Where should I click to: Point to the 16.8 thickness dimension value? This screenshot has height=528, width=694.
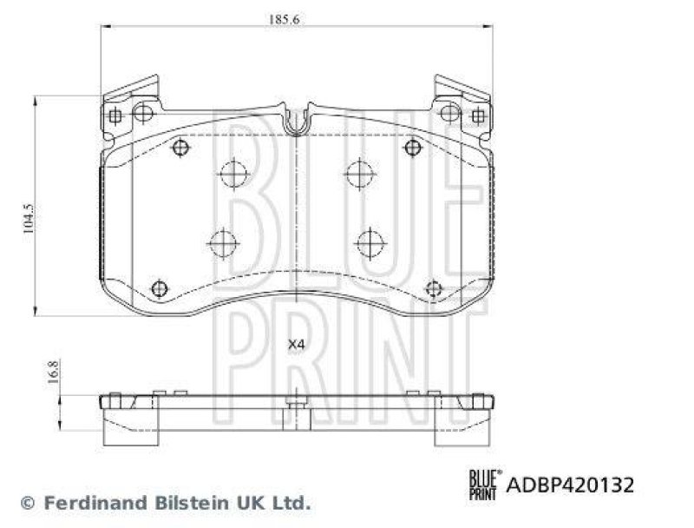52,372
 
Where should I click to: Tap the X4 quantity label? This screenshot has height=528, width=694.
297,345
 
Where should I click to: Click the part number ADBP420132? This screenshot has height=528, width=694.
570,485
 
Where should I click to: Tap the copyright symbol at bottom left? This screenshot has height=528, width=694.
27,503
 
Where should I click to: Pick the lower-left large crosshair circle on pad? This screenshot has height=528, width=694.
223,241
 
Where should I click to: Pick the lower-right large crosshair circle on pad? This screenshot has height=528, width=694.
370,241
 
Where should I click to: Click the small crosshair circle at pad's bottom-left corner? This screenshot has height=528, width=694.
159,288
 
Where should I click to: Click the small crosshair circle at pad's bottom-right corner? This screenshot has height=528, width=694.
434,288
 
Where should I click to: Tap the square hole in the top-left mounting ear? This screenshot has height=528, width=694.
115,115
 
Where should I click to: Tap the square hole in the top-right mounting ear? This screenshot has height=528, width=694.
476,115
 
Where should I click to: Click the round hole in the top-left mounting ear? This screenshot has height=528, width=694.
143,113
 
